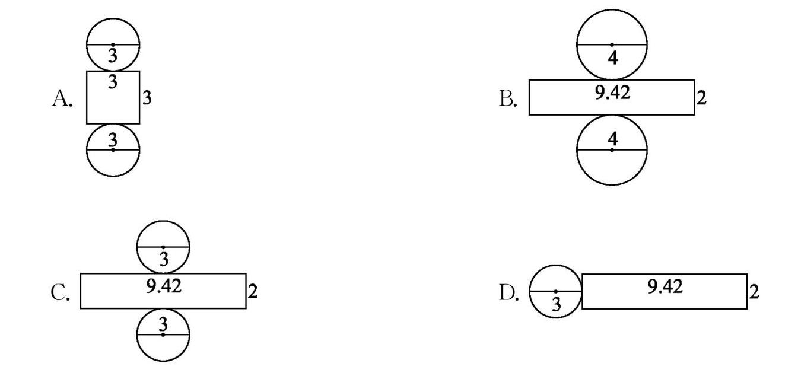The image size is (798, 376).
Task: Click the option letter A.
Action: (62, 98)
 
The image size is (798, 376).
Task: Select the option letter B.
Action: (508, 98)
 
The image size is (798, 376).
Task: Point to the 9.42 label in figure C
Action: (164, 286)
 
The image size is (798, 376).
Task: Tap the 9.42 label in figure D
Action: (665, 287)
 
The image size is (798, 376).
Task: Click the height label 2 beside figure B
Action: (702, 98)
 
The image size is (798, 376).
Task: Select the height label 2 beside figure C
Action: (253, 291)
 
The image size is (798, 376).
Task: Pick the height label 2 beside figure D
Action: (754, 292)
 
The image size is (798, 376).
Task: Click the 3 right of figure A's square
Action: (147, 98)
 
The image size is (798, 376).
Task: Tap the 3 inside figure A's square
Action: (113, 81)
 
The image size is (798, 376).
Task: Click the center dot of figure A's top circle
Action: (113, 44)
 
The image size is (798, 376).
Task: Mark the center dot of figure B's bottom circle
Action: (612, 150)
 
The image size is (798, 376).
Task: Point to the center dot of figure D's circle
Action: (555, 291)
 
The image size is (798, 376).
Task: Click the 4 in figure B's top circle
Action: (613, 58)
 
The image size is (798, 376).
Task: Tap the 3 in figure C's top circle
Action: (164, 259)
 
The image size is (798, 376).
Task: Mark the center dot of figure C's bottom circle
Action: (163, 334)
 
